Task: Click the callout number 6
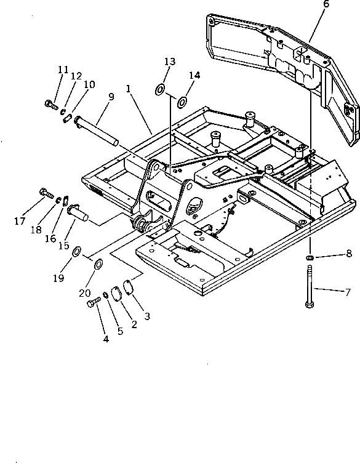(x=326, y=4)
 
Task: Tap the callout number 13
(x=170, y=62)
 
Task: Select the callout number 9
(x=111, y=97)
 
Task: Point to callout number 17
(x=20, y=221)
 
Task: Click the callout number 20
(x=85, y=293)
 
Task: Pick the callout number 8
(x=349, y=253)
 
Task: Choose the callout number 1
(x=129, y=88)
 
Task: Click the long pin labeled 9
(x=96, y=131)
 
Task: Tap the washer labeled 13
(x=160, y=89)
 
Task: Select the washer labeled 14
(x=182, y=102)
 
